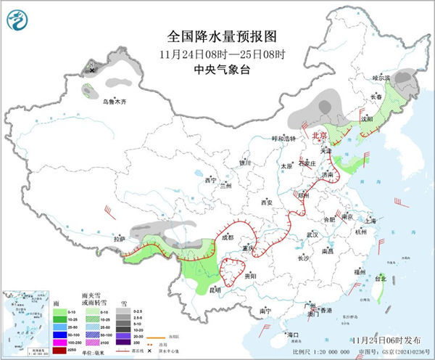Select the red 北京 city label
click(x=319, y=135)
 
